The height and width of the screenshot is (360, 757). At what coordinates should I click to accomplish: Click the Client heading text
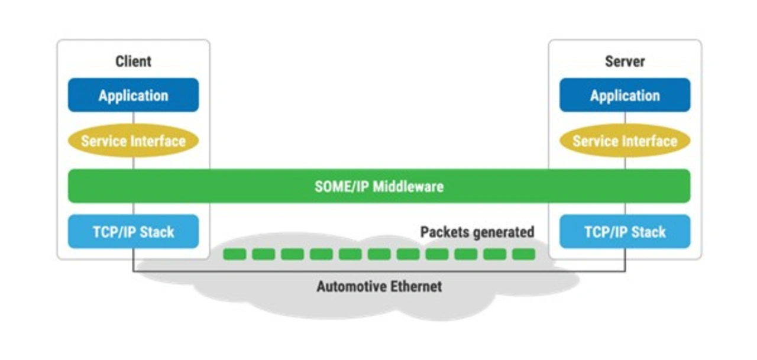[133, 61]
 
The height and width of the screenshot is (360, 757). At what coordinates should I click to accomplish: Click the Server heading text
[625, 61]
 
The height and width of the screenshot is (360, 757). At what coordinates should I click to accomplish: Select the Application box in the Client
[133, 95]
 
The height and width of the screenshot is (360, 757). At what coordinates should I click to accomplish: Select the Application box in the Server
[625, 95]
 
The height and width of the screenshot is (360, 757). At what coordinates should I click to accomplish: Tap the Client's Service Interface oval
[133, 141]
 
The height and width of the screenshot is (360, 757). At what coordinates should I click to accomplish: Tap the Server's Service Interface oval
[625, 141]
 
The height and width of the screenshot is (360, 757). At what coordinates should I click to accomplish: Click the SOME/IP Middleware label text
[379, 187]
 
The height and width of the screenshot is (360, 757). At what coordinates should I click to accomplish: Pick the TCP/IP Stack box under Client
[133, 232]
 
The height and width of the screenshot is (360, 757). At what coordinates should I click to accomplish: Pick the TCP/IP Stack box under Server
[625, 232]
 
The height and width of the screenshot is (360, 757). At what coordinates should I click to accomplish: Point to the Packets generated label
[477, 232]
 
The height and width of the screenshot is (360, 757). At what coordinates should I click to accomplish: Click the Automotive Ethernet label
[379, 287]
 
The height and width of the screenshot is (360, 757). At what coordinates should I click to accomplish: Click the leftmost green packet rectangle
[235, 254]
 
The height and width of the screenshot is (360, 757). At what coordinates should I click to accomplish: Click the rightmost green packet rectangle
[523, 254]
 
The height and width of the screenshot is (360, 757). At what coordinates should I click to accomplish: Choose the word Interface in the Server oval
[649, 141]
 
